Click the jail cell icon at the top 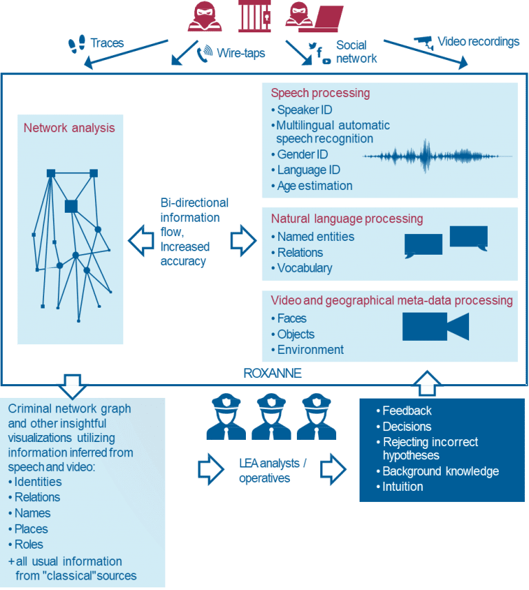[255, 16]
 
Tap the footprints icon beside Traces [77, 44]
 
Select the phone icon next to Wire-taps [205, 54]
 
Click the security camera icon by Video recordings [424, 43]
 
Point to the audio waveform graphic [437, 156]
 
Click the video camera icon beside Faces [435, 326]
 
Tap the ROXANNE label [272, 373]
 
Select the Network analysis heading [70, 128]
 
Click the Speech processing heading [320, 93]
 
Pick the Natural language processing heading [346, 219]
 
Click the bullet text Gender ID [302, 154]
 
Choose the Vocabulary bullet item [304, 268]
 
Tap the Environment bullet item [310, 350]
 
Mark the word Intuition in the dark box [402, 487]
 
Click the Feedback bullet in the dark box [406, 410]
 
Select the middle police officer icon [271, 417]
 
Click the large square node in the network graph [71, 207]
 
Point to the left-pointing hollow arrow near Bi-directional [141, 241]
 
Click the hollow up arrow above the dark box [427, 383]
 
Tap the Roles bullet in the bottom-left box [29, 545]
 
